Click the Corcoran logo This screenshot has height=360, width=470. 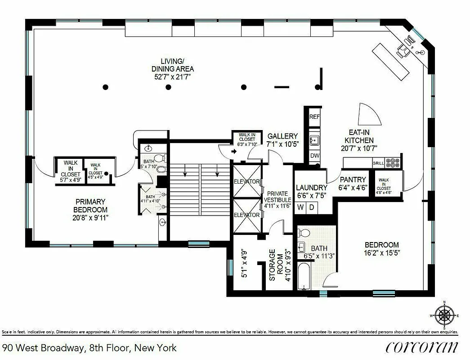tap(421, 347)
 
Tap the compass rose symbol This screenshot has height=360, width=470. tap(445, 315)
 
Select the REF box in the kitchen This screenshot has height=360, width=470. tap(314, 117)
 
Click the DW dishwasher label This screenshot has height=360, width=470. tap(314, 156)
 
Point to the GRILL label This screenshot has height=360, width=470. tap(378, 163)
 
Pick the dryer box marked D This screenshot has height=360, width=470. tap(312, 208)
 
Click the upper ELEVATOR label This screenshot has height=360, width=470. tap(246, 181)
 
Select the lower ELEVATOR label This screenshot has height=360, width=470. tap(246, 215)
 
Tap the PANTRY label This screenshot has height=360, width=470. tap(353, 180)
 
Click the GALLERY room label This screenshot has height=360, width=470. tap(282, 136)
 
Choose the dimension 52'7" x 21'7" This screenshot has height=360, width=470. tap(173, 77)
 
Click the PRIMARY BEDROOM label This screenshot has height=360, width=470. tap(91, 206)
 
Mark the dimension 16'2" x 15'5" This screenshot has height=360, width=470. tap(382, 253)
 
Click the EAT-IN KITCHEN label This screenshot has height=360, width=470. tap(360, 136)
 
